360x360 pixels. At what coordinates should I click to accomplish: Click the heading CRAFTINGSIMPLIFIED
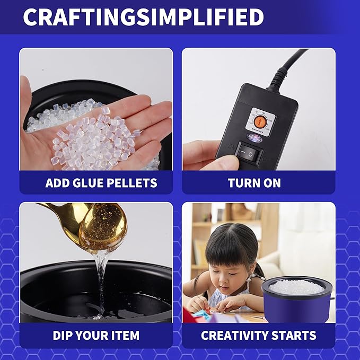click(x=143, y=17)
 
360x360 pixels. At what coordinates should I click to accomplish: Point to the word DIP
click(x=65, y=335)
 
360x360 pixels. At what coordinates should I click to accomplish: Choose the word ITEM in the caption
click(x=124, y=335)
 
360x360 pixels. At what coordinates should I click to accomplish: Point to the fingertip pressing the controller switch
click(x=225, y=159)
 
